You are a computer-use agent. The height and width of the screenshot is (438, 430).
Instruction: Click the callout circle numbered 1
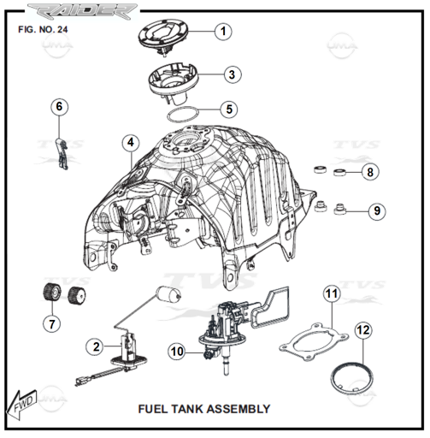pos(223,32)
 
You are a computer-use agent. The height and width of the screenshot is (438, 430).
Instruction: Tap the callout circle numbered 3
pos(233,74)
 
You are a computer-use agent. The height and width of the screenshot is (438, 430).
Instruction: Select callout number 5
pos(229,109)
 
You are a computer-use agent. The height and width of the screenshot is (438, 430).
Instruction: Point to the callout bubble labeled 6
pos(59,107)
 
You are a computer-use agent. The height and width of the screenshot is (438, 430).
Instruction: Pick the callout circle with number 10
pos(177,352)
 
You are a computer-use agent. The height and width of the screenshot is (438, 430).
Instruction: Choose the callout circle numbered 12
pos(363,330)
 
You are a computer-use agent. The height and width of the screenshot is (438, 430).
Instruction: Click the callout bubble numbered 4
pos(131,142)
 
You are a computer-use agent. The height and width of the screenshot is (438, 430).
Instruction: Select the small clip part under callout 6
pos(62,154)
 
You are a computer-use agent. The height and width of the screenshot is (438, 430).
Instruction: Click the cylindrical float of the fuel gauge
pos(168,295)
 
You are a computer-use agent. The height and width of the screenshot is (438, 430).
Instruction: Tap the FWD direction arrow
pos(21,405)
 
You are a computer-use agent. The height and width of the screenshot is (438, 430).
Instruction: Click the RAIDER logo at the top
pos(83,13)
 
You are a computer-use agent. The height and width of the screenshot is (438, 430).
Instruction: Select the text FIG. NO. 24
pos(43,30)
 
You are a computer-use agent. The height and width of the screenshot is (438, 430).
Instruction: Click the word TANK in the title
pos(187,409)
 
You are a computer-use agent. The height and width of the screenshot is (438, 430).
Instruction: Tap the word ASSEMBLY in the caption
pos(239,409)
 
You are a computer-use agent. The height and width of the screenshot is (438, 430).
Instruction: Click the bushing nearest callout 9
pos(340,210)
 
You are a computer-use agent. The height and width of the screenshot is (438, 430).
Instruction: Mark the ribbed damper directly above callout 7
pos(52,293)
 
